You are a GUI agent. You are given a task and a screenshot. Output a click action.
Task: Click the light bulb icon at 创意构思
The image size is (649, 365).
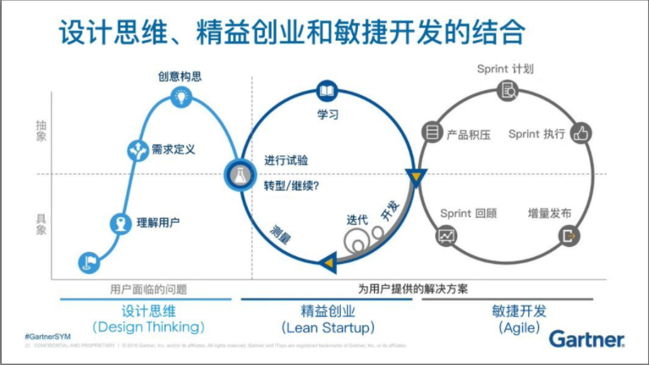(x=180, y=98)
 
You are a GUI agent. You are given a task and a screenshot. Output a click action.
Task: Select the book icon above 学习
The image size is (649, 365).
(x=327, y=90)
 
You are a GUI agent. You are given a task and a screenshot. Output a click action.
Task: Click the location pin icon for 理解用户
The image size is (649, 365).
(x=120, y=223)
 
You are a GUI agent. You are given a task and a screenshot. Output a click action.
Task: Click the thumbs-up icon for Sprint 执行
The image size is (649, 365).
(x=581, y=133)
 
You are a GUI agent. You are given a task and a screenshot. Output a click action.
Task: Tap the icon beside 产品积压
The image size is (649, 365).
(x=431, y=133)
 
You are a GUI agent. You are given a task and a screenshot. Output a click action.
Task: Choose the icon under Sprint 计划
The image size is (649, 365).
(x=507, y=90)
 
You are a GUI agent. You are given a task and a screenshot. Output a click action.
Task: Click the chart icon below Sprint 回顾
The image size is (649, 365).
(x=446, y=237)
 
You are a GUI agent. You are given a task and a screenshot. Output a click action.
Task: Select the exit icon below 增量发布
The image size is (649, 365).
(x=568, y=237)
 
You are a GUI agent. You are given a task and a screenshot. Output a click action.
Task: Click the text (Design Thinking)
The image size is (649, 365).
(x=148, y=328)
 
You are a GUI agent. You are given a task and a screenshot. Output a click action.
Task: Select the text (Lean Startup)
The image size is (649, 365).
(x=328, y=328)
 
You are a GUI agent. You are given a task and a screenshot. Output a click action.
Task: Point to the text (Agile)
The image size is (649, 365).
(x=520, y=328)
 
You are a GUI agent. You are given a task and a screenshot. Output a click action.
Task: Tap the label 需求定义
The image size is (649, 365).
(x=173, y=150)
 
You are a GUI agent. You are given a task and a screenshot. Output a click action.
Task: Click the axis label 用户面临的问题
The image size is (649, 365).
(x=148, y=289)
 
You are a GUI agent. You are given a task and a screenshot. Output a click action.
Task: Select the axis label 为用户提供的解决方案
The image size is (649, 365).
(x=412, y=289)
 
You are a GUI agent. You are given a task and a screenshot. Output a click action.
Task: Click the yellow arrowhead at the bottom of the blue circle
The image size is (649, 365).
(x=328, y=262)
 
